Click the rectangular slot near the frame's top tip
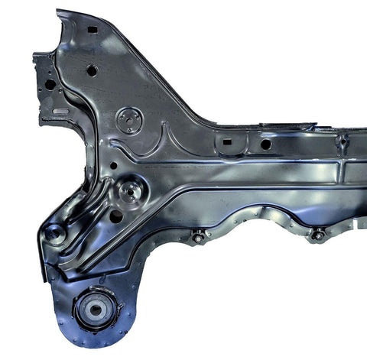coord(93,29)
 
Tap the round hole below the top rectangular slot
coord(92,70)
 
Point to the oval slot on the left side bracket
coord(60,112)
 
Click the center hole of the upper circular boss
coord(128,119)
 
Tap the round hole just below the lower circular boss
coord(115,216)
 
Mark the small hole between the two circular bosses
coord(113,164)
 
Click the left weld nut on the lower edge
coord(199,237)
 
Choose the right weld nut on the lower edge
coord(317,235)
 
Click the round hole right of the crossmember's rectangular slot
coord(265,144)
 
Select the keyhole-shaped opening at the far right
coord(343,141)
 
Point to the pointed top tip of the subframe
coord(60,12)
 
